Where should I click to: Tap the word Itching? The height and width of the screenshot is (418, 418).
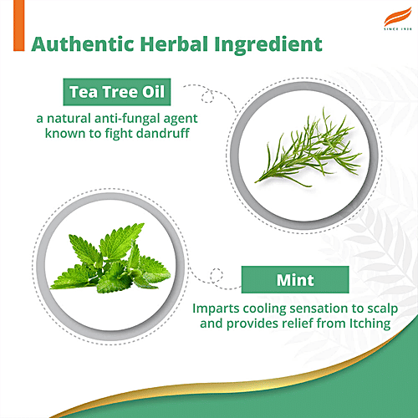(368, 324)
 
